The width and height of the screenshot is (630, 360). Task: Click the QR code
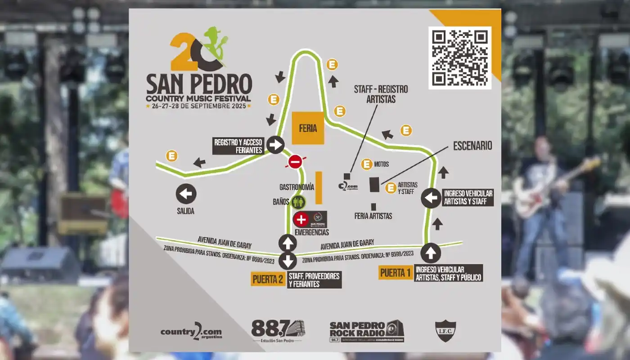(x=459, y=58)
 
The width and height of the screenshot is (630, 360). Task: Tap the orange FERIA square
(x=308, y=128)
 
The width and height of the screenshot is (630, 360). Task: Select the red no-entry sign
(x=295, y=162)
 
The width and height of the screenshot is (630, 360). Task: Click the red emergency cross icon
(x=301, y=220)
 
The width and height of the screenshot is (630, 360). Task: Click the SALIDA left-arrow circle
(x=186, y=194)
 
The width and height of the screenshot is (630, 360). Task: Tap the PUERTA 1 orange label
(x=396, y=272)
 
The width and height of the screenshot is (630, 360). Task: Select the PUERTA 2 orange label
(x=268, y=279)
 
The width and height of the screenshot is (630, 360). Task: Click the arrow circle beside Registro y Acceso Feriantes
(x=275, y=145)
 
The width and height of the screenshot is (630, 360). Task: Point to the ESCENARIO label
(x=472, y=146)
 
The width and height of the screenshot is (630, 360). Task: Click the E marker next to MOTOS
(x=367, y=164)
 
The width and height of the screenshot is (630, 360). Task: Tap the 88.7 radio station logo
(x=278, y=330)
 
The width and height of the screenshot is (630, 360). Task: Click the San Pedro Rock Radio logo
(x=366, y=332)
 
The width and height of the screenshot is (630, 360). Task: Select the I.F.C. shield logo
(x=446, y=331)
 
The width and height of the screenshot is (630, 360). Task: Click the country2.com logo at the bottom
(x=191, y=332)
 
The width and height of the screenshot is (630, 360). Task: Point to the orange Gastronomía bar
(x=319, y=188)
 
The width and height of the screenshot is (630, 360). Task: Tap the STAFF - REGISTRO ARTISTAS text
(x=380, y=94)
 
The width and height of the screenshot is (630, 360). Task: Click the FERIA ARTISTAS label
(x=373, y=216)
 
